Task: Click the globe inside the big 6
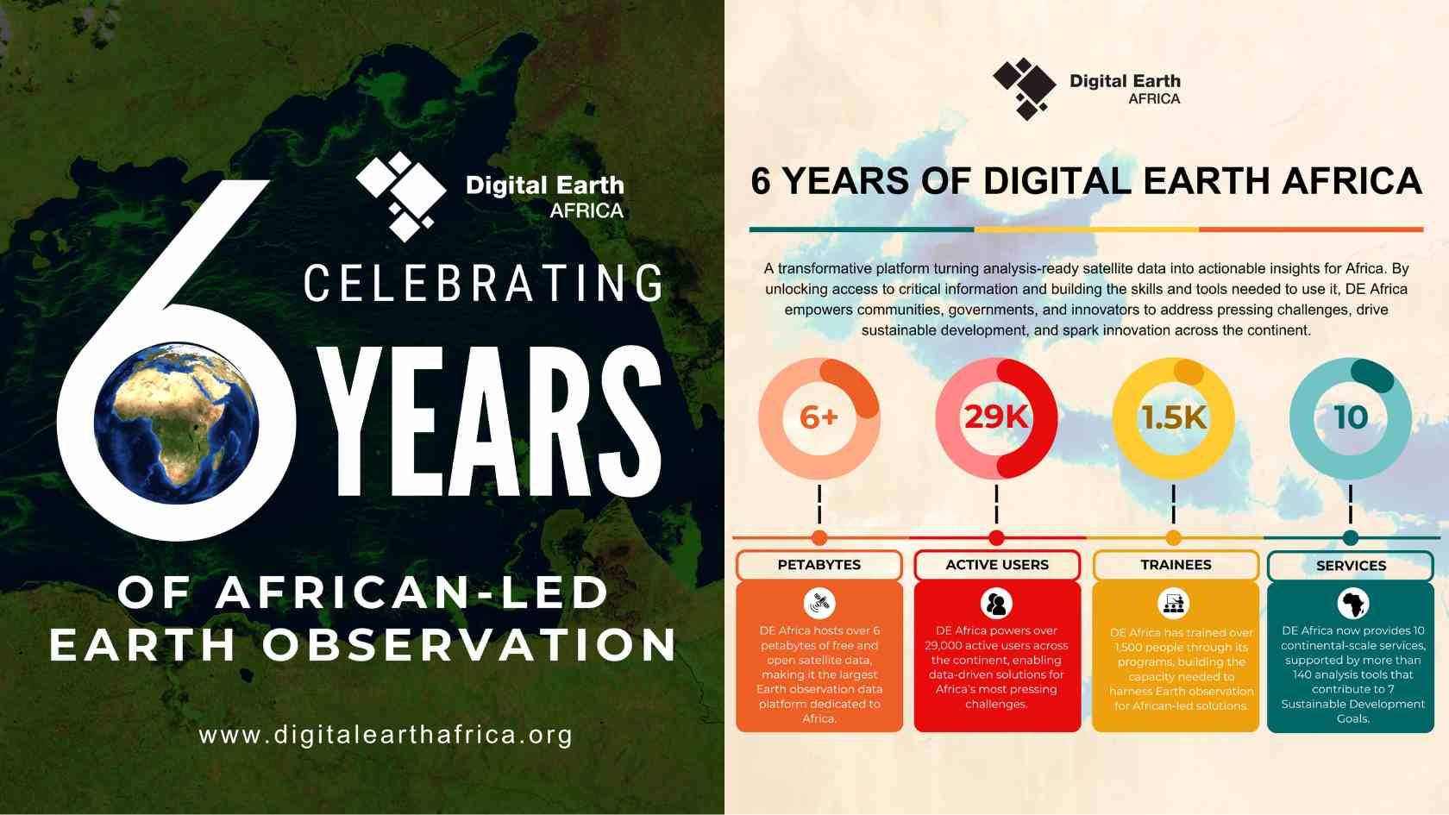coord(176,422)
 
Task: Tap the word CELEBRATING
coord(484,284)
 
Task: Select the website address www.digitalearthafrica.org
coord(386,735)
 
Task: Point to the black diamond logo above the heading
coord(1024,88)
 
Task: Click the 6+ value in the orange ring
coord(819,417)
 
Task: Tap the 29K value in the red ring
coord(996,417)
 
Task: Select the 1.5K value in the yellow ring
coord(1173,417)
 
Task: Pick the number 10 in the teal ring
coord(1351,417)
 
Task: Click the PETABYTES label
coord(819,565)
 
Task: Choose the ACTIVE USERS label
coord(997,565)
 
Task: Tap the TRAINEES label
coord(1176,565)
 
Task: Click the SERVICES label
coord(1351,566)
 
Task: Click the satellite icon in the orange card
coord(819,603)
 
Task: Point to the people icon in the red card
coord(996,604)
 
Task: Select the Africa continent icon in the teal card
coord(1353,604)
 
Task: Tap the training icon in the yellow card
coord(1174,604)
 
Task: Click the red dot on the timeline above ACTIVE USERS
coord(996,538)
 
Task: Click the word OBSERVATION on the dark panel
coord(470,645)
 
